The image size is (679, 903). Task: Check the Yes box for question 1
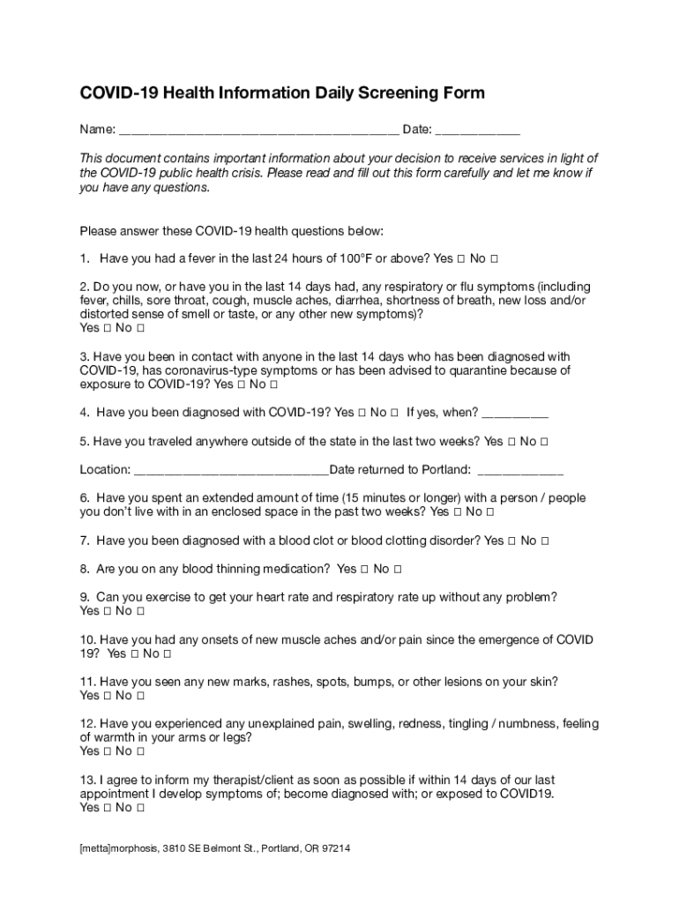(460, 259)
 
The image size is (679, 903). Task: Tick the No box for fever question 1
(494, 259)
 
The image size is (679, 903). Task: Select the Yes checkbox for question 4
(362, 413)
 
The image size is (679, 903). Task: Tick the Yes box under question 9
(107, 611)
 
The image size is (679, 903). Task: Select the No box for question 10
(167, 653)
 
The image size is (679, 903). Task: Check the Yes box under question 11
(107, 696)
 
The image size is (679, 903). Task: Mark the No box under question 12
(139, 751)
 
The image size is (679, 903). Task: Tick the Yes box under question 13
(107, 808)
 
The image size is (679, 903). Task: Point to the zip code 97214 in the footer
(335, 849)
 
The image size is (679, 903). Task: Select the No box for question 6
(489, 512)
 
